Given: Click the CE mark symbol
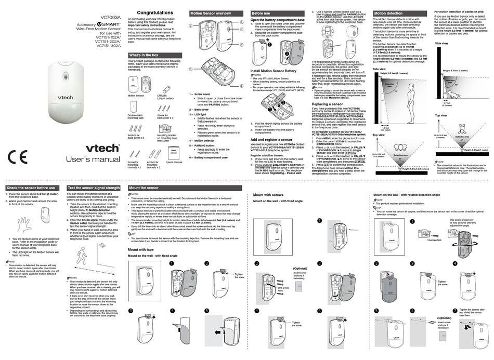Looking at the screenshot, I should (x=19, y=156).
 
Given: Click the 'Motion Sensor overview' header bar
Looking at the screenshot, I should (x=210, y=12).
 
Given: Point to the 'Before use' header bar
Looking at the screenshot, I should (x=261, y=12).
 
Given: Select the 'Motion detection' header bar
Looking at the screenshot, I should (x=388, y=13).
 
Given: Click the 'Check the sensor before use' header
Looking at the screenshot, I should (x=31, y=188).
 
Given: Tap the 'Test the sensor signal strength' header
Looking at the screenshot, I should (x=94, y=188).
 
